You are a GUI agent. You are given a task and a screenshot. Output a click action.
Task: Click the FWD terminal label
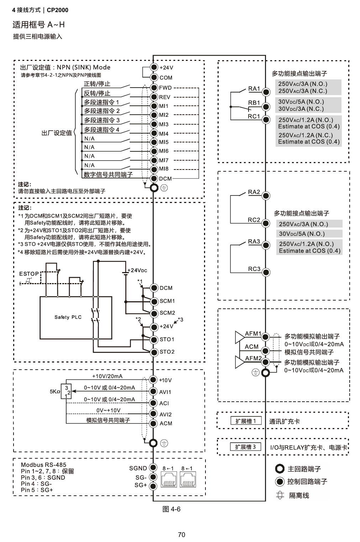tap(165, 88)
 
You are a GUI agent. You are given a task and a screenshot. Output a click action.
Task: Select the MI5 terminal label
tap(164, 142)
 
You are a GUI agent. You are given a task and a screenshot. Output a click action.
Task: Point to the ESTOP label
tap(29, 274)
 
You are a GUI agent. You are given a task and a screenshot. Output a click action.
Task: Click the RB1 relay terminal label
tap(254, 103)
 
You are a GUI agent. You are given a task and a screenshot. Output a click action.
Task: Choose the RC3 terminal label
tap(254, 269)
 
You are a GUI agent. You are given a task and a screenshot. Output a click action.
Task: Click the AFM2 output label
tap(253, 358)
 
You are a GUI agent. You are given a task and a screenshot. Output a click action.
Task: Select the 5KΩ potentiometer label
tap(55, 392)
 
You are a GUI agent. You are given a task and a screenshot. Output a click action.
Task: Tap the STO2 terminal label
tap(167, 352)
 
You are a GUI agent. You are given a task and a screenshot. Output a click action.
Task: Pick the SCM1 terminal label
tap(167, 301)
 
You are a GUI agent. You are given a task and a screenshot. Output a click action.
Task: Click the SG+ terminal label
tap(141, 485)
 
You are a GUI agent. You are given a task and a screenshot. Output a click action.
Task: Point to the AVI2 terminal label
tap(165, 415)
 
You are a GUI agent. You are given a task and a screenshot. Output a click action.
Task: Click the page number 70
tap(182, 535)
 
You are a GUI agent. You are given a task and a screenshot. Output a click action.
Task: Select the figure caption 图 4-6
tap(171, 509)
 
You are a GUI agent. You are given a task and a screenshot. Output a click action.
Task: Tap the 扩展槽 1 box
tap(245, 421)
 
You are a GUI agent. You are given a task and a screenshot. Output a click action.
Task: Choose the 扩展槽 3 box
tap(245, 447)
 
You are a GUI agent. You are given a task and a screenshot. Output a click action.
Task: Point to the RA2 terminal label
tap(254, 192)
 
